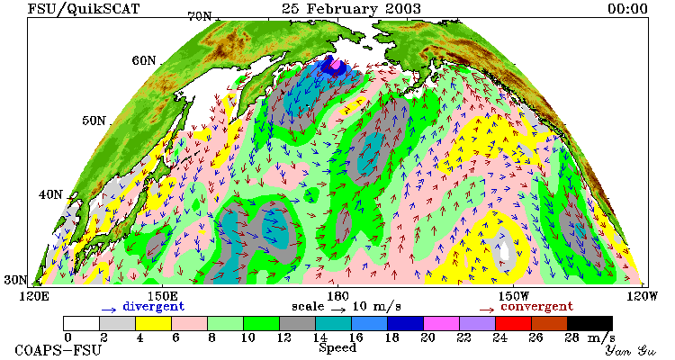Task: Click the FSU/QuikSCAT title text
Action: coord(83,9)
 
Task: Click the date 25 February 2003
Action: coord(351,9)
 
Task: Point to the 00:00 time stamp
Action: coord(627,9)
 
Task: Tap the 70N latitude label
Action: coord(201,16)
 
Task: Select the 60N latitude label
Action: coord(144,60)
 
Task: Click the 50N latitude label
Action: coord(94,121)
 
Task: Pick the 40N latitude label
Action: coord(50,194)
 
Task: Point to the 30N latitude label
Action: coord(15,280)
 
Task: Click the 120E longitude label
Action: coord(35,296)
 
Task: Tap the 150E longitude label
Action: coord(163,296)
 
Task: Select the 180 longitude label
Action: coord(337,296)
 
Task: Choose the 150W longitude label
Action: coord(514,296)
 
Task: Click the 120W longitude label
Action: coord(643,296)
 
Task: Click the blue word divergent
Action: coord(153,307)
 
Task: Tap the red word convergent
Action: coord(536,307)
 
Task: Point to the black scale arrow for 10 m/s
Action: coord(338,309)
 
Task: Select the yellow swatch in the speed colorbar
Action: coord(153,323)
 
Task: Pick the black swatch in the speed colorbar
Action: coord(589,323)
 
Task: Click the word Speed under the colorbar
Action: coord(337,348)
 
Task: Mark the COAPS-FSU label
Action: coord(58,350)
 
